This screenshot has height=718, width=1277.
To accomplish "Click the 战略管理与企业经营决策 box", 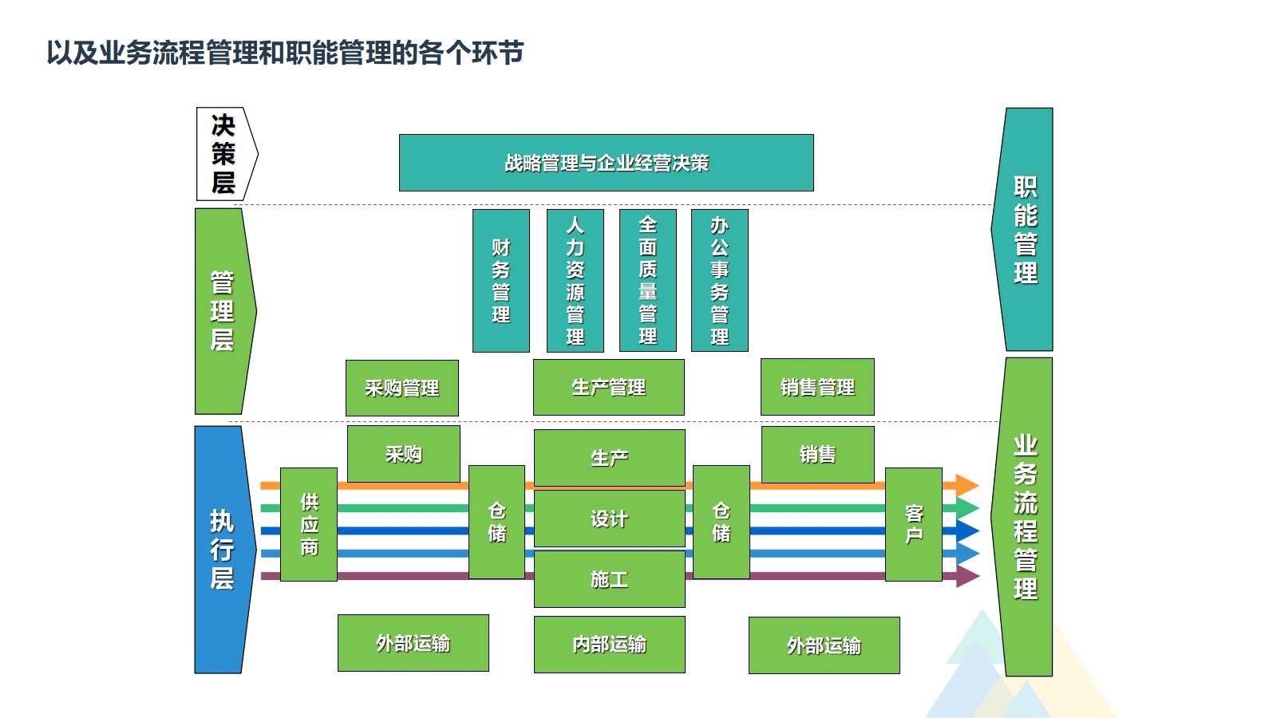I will [x=606, y=163].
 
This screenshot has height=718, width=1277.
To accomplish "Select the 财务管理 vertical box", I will [x=500, y=280].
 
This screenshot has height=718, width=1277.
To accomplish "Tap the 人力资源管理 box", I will [x=575, y=280].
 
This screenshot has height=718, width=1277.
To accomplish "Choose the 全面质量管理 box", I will [x=647, y=280].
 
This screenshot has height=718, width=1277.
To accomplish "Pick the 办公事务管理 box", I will [x=719, y=280].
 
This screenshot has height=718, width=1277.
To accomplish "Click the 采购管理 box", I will [x=401, y=388].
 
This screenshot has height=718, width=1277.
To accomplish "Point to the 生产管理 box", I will [x=608, y=387].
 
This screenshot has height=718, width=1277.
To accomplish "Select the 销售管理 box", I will [x=817, y=387].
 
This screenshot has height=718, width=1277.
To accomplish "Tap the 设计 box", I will [x=609, y=519].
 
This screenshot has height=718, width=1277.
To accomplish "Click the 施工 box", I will [x=609, y=579].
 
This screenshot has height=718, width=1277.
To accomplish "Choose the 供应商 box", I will [x=309, y=524].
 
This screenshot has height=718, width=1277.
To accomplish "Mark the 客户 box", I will [x=914, y=524].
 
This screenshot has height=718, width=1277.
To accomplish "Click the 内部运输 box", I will [x=609, y=644].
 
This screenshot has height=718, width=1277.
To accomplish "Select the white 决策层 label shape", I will [x=224, y=154].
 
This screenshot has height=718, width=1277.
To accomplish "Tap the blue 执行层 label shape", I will [x=220, y=550].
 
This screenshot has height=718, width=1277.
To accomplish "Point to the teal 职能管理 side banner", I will [x=1025, y=230].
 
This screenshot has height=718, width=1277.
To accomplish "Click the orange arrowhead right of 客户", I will [x=967, y=485].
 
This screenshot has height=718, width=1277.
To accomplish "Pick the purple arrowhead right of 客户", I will [x=967, y=576].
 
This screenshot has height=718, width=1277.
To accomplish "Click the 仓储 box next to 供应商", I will [x=496, y=522].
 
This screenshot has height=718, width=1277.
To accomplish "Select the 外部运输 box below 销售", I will [x=824, y=645].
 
